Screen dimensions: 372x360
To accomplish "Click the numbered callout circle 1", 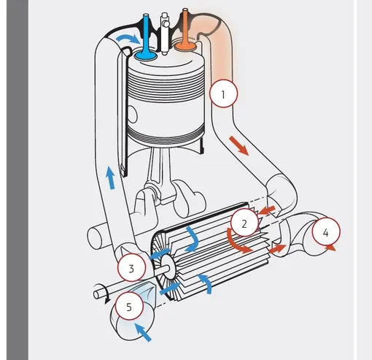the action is pos(223,93).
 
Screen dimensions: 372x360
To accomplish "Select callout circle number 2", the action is pos(244,222).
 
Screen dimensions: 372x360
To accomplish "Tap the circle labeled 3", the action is pos(131,267).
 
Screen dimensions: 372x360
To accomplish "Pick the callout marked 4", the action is pos(326,231).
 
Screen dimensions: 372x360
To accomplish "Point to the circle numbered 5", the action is pos(129,306).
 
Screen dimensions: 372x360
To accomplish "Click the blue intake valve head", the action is pos(146,55).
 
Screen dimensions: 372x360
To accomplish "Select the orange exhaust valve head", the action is pos(186,46).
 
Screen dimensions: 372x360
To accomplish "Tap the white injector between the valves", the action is pos(165,34).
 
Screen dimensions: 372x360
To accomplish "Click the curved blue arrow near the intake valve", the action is pos(128,39).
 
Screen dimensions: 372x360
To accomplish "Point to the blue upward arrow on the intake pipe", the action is pos(110,177).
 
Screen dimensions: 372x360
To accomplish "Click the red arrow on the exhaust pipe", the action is pos(239,145).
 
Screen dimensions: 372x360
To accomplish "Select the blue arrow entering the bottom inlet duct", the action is pos(143,332).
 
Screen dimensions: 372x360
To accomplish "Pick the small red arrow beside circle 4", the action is pos(331,248).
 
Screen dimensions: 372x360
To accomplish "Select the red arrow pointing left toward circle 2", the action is pos(267,210).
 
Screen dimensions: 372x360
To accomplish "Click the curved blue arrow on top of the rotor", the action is pos(192,240).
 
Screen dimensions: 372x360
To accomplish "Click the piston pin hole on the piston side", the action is pos(132,114).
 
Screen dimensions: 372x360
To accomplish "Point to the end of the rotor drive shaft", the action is pos(96,295).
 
